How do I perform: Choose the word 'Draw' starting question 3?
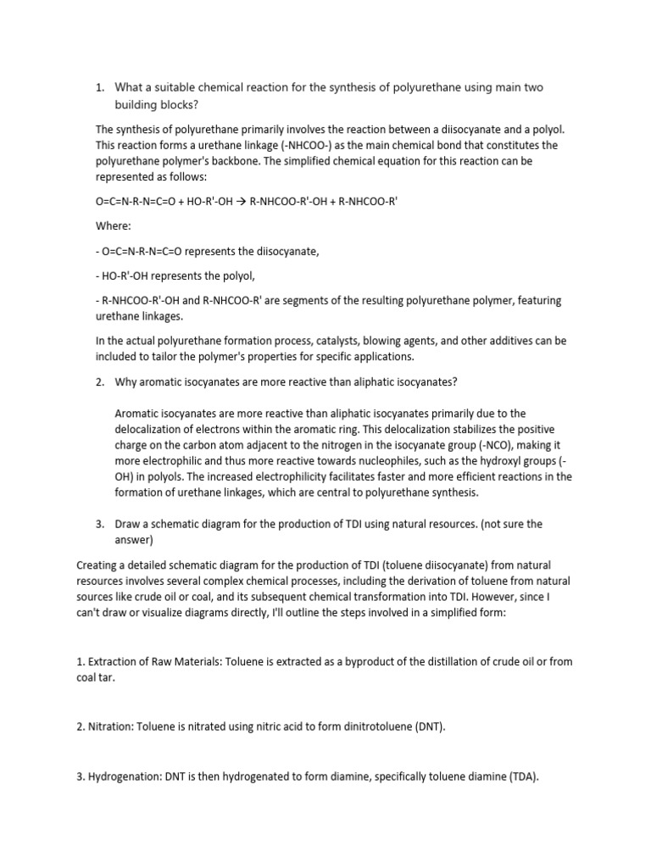coord(127,524)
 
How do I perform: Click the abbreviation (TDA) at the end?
coord(520,775)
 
